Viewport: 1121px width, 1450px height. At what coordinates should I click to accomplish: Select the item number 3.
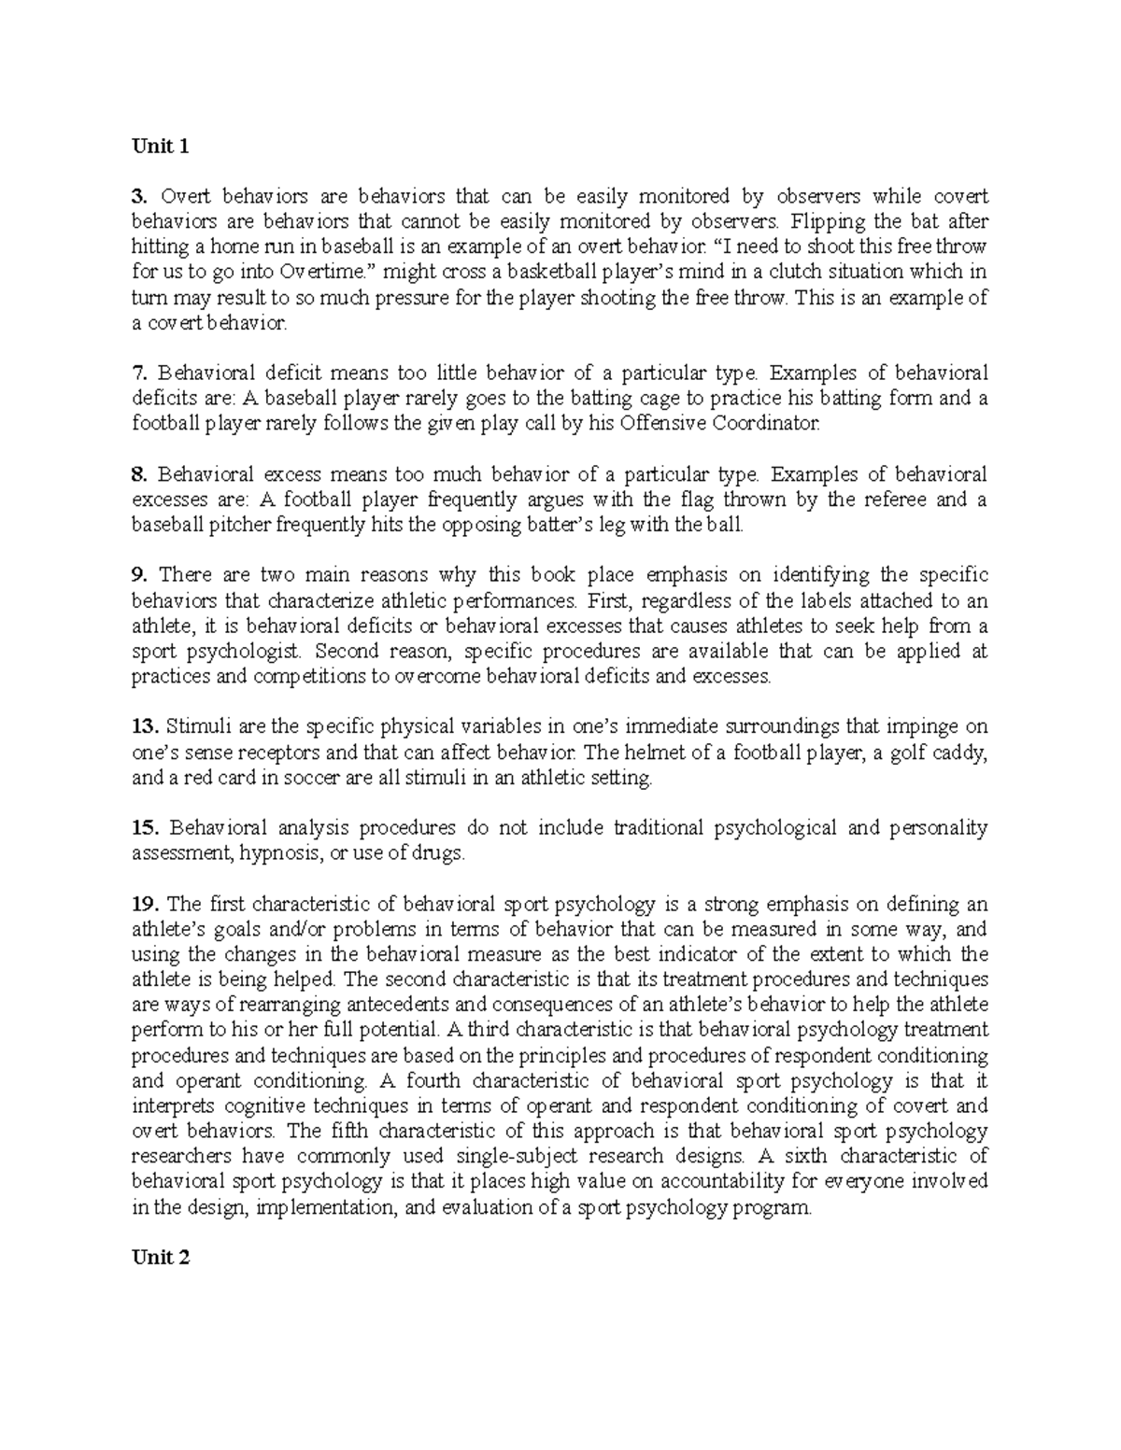139,196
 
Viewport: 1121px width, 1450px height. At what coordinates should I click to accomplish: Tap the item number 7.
139,373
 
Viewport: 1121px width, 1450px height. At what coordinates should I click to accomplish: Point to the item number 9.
139,575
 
